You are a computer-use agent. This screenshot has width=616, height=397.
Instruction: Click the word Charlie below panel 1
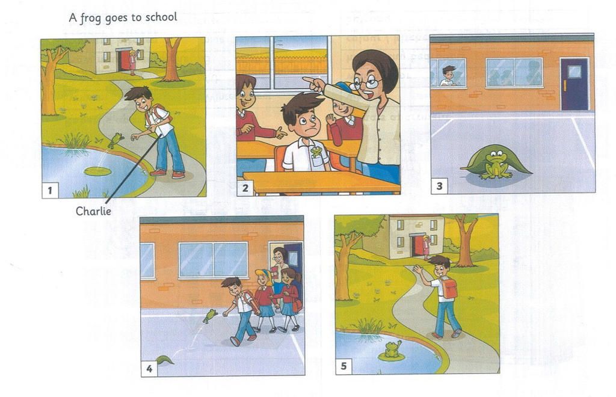pyautogui.click(x=93, y=211)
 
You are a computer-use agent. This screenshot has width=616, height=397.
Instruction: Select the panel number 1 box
pyautogui.click(x=50, y=191)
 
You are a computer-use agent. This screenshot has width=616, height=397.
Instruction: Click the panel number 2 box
pyautogui.click(x=245, y=188)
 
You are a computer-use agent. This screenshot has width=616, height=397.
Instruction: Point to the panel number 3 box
pyautogui.click(x=439, y=186)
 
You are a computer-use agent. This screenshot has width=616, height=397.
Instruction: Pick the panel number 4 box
pyautogui.click(x=149, y=369)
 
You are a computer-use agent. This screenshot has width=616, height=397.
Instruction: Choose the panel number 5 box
pyautogui.click(x=343, y=366)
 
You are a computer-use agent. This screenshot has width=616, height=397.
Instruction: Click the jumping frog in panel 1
pyautogui.click(x=115, y=140)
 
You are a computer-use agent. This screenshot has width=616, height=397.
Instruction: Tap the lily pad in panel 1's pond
pyautogui.click(x=97, y=171)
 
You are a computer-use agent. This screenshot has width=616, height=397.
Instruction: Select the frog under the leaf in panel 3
pyautogui.click(x=496, y=165)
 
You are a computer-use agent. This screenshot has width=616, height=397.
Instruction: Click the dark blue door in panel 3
pyautogui.click(x=574, y=84)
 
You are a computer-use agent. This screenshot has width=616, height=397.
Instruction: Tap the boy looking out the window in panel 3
pyautogui.click(x=448, y=76)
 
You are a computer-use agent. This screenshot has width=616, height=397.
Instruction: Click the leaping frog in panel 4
pyautogui.click(x=210, y=316)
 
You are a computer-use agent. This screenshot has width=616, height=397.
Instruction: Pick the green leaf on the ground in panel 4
pyautogui.click(x=165, y=359)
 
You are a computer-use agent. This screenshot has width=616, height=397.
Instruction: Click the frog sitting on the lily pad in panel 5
pyautogui.click(x=392, y=349)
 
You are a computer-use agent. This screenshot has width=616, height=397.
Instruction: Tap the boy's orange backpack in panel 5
pyautogui.click(x=449, y=288)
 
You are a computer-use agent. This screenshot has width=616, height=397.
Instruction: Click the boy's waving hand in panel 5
pyautogui.click(x=417, y=269)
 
